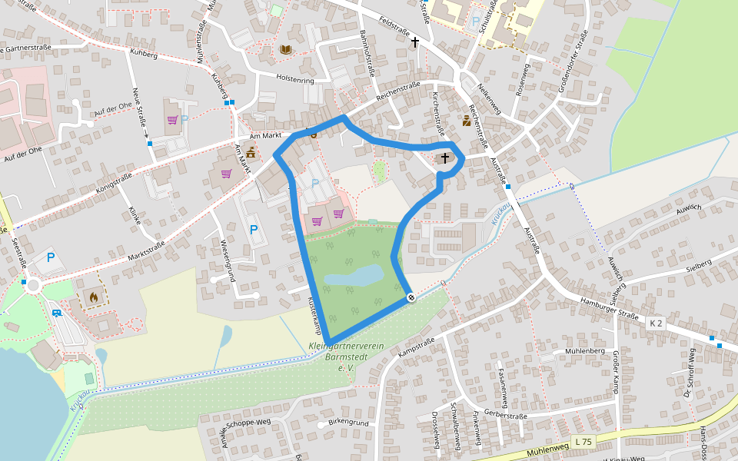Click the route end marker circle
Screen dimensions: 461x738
(411, 297)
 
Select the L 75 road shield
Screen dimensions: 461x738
(583, 442)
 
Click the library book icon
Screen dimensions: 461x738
(286, 50)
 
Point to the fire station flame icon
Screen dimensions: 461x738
(94, 296)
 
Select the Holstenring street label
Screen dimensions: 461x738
(295, 78)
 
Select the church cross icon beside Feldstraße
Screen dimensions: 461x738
(415, 41)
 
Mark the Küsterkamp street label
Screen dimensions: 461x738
(314, 314)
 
